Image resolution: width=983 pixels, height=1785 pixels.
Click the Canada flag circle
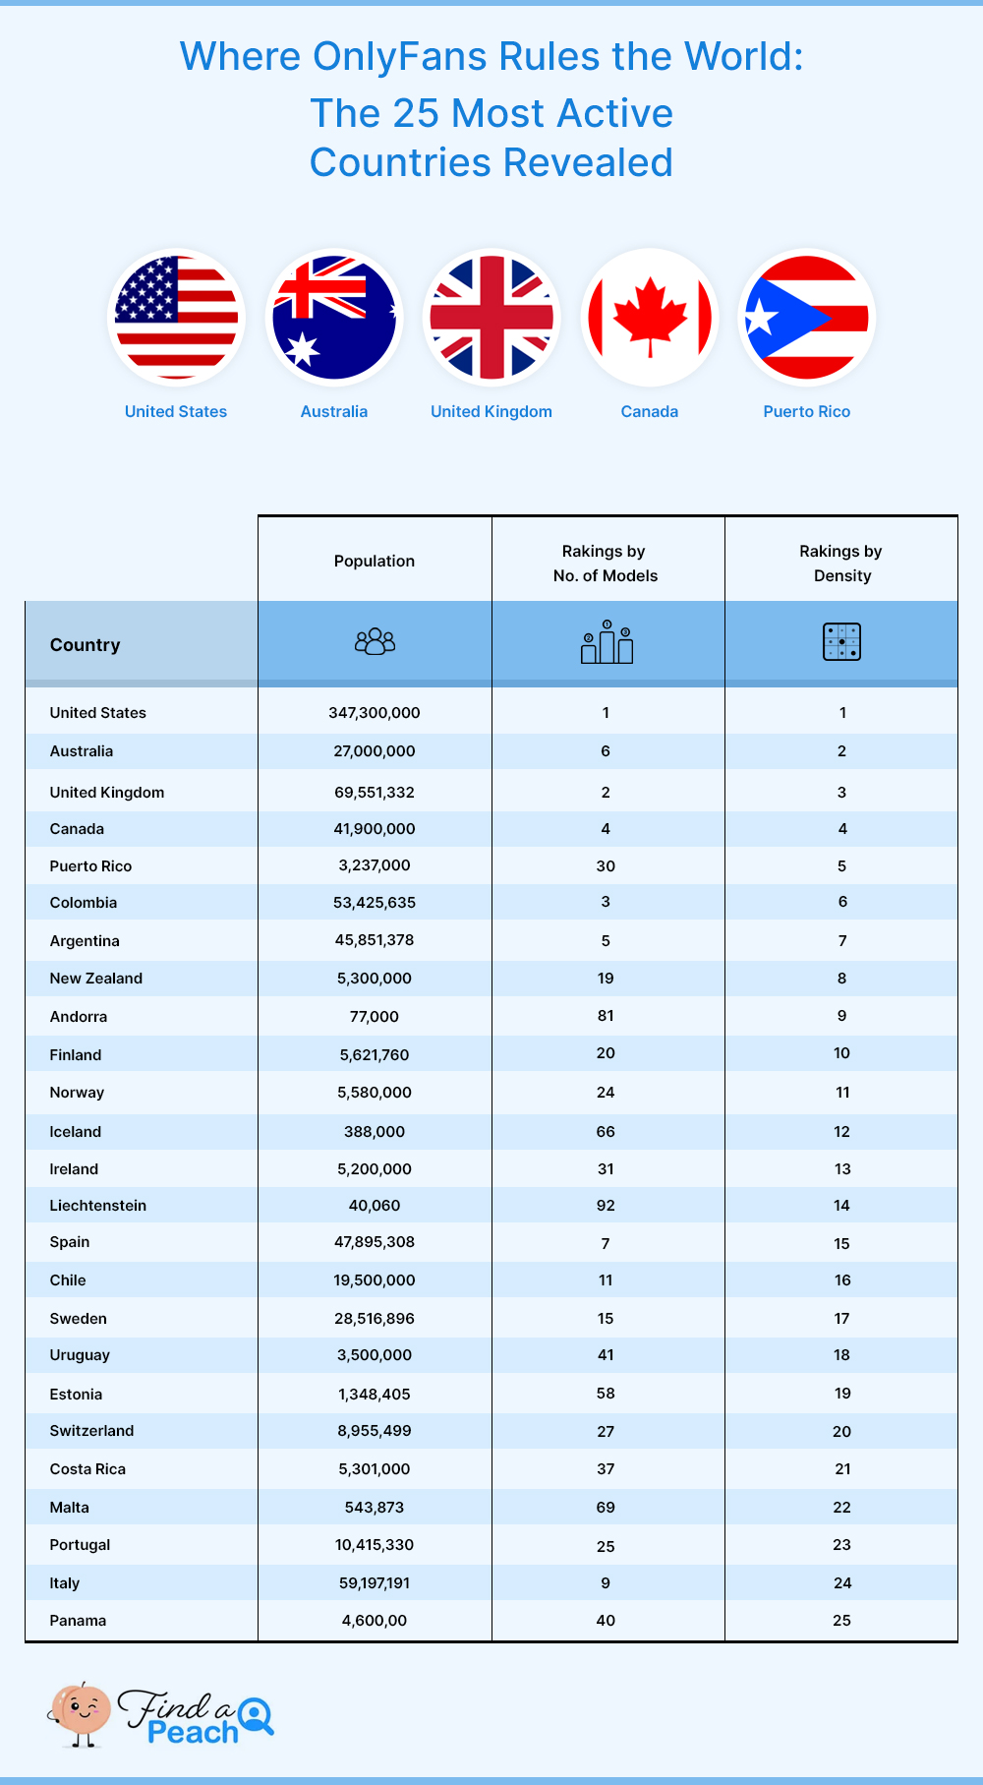649,318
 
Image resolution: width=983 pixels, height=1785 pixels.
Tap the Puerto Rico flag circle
806,318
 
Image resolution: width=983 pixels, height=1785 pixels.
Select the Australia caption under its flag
334,412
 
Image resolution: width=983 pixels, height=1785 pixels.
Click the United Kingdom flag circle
491,318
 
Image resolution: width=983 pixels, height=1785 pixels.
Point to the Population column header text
375,562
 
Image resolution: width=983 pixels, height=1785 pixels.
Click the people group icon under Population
375,642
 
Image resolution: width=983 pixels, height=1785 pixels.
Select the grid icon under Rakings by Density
841,642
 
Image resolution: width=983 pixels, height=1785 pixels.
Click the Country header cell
86,645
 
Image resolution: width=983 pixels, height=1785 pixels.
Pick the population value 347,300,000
375,713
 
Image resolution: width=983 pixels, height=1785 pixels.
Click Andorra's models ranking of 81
606,1016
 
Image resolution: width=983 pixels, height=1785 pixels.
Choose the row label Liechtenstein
98,1206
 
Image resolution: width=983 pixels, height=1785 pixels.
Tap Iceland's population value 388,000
375,1132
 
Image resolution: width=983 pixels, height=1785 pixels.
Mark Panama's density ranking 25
841,1621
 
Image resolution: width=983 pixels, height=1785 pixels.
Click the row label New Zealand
96,979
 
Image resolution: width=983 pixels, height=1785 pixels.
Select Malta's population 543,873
375,1508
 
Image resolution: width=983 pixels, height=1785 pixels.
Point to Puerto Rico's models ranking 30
606,866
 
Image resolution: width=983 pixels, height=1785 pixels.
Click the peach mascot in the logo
82,1712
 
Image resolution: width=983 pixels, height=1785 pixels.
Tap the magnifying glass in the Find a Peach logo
257,1715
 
